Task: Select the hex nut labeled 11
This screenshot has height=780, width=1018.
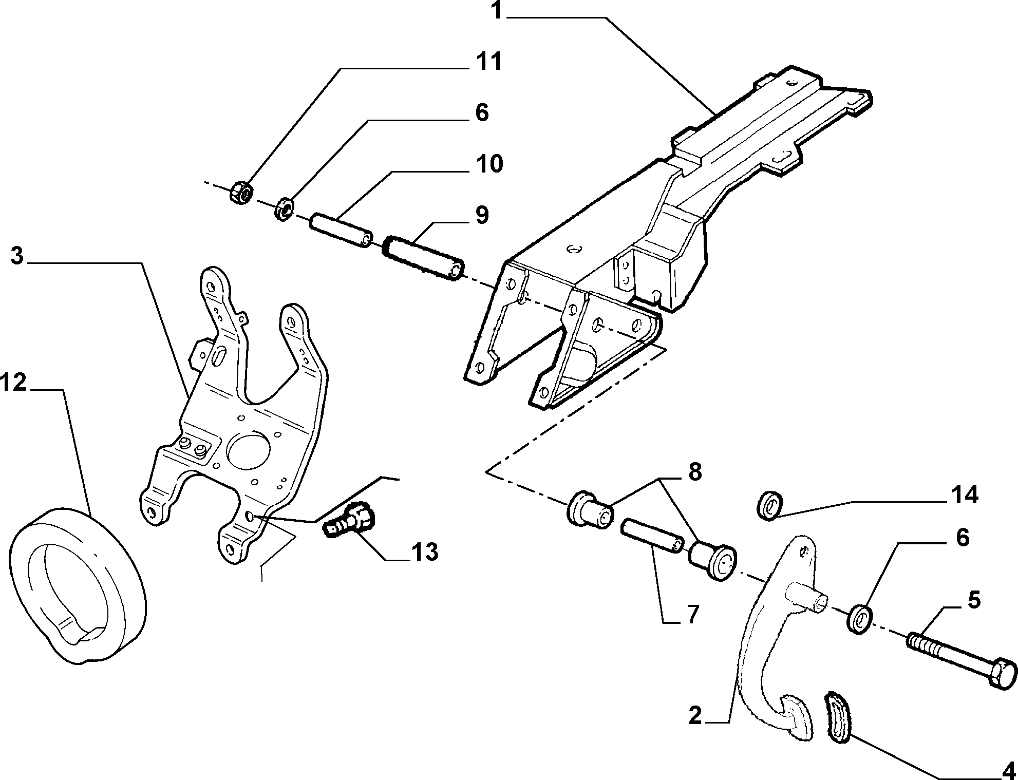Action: coord(240,193)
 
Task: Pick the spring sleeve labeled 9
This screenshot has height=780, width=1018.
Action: coord(424,258)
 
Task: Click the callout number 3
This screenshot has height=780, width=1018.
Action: coord(17,256)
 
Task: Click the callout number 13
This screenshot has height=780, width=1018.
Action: coord(424,552)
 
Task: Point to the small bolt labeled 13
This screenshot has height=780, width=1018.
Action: coord(350,520)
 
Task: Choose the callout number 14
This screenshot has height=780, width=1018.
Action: coord(964,495)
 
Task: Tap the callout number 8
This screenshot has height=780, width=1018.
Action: coord(694,471)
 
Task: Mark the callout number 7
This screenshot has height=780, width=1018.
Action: coord(693,614)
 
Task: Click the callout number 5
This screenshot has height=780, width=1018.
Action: coord(973,600)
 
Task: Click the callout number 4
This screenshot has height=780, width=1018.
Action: coord(1009,770)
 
